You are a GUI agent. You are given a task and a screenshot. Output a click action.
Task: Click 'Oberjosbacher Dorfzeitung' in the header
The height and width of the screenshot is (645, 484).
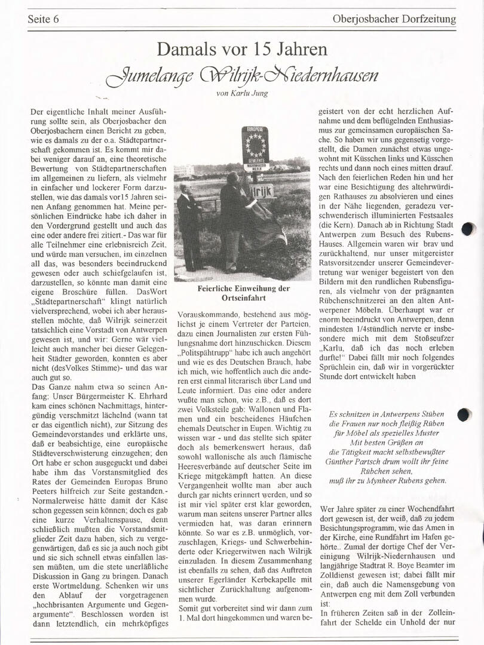click(394, 19)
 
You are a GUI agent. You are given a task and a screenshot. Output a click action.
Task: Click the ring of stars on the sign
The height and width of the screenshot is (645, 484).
click(256, 145)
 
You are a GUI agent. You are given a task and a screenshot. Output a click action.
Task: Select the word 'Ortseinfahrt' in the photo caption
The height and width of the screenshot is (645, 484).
click(243, 297)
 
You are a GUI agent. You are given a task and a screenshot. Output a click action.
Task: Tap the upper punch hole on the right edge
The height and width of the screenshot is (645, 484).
click(468, 229)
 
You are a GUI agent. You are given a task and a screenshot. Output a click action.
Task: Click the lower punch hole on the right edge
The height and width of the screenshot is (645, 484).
click(464, 415)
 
